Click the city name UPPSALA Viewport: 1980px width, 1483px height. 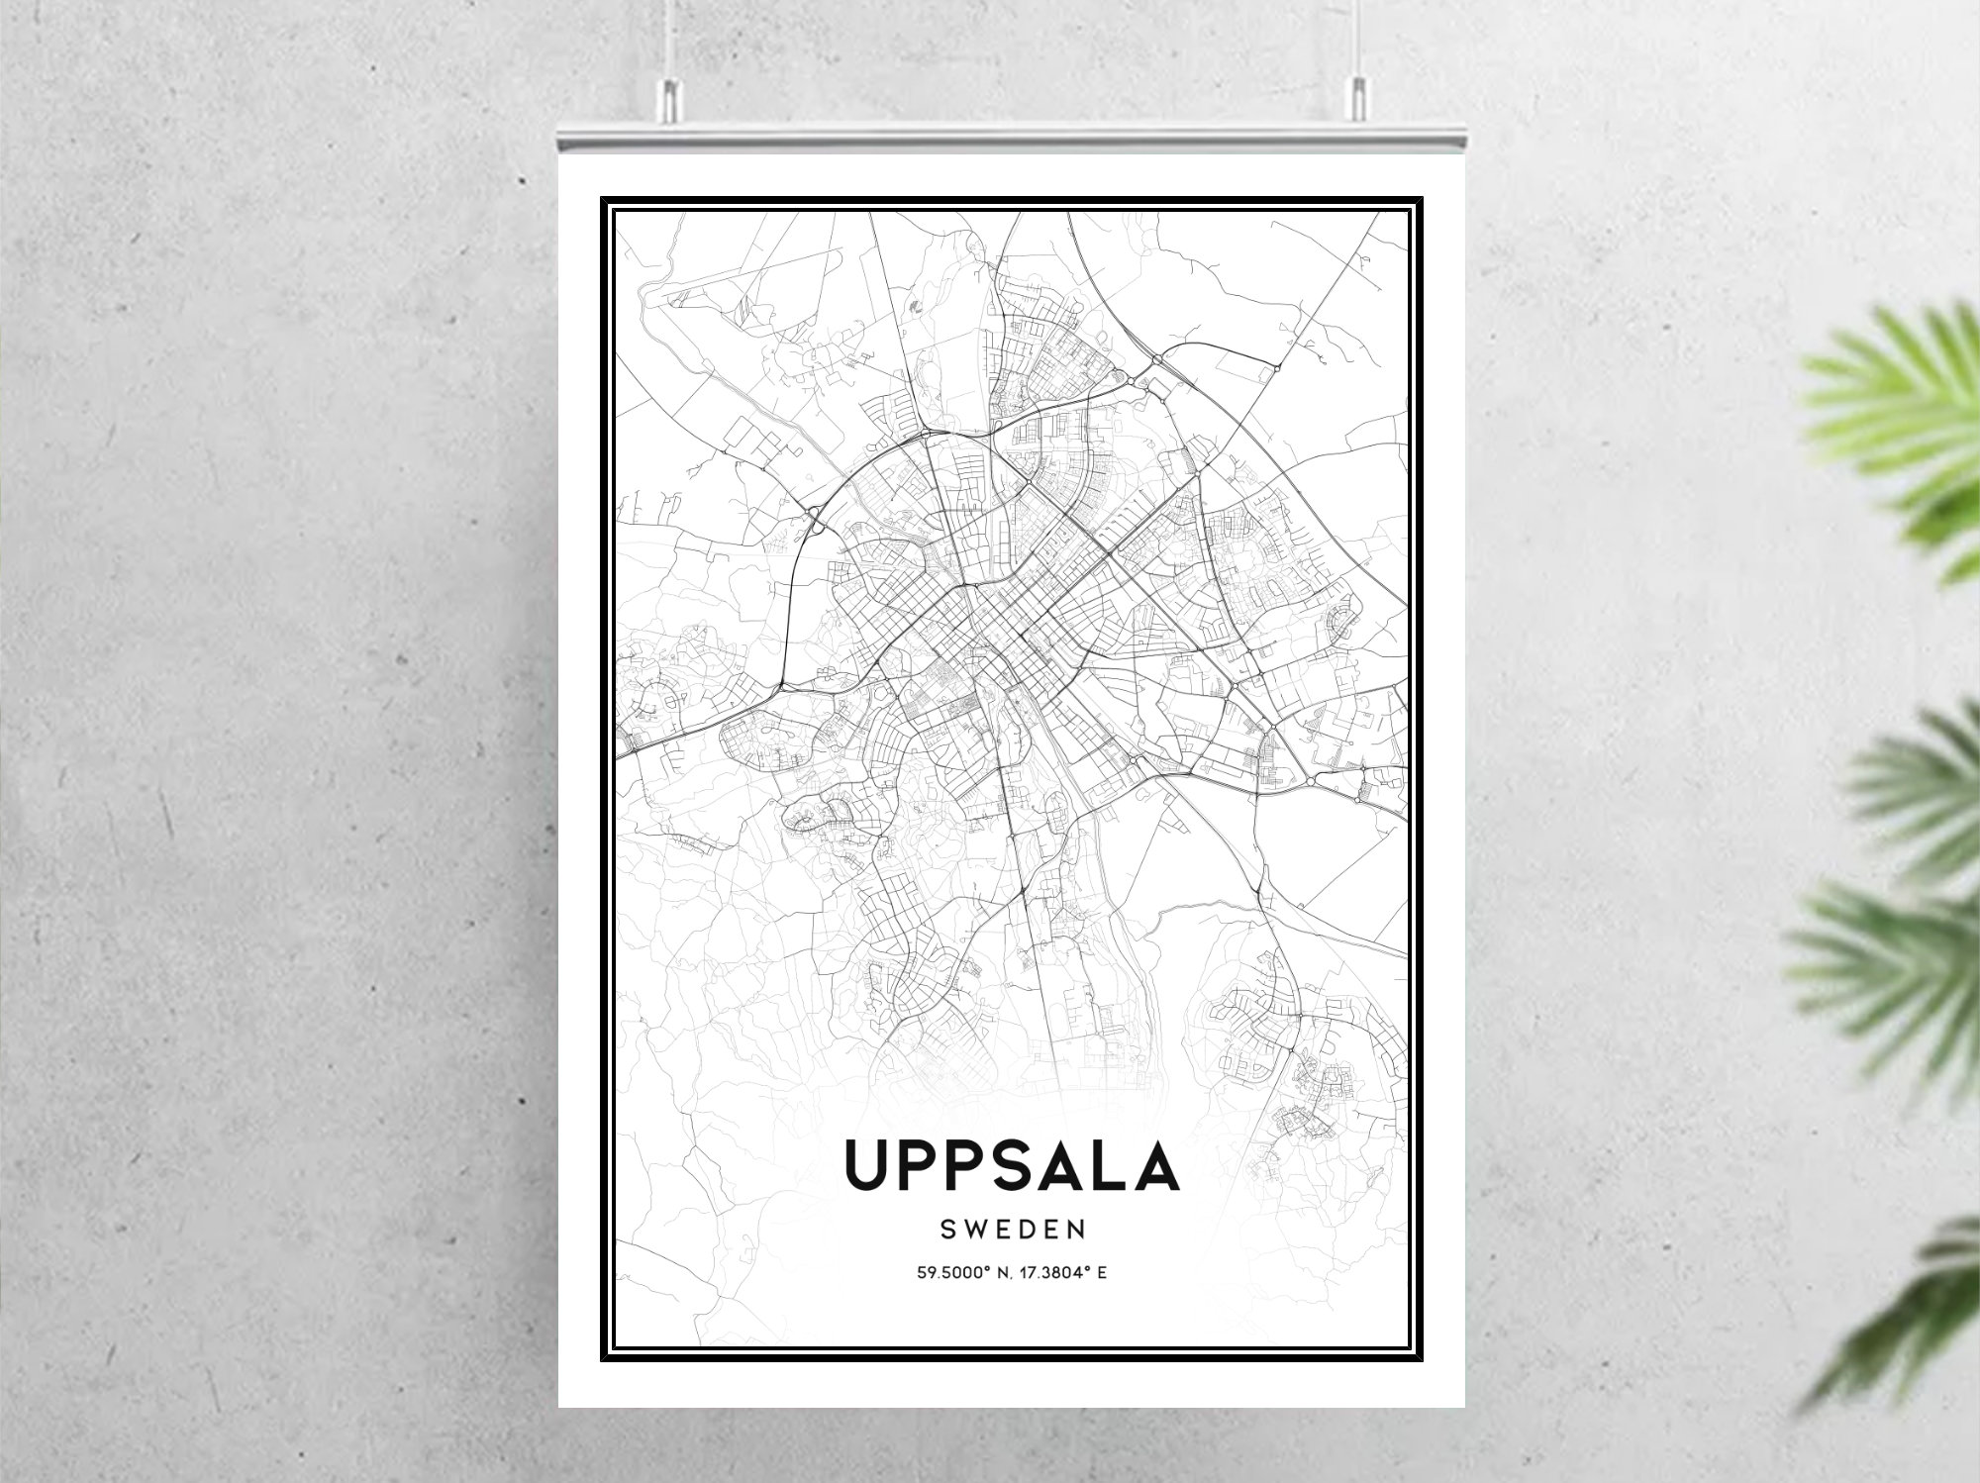(1012, 1166)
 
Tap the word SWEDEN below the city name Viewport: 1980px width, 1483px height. (1013, 1230)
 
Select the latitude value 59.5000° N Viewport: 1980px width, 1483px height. (958, 1272)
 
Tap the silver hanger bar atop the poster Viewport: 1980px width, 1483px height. (1012, 139)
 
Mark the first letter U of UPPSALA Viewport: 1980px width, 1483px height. (868, 1166)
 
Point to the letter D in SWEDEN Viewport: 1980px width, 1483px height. (1026, 1230)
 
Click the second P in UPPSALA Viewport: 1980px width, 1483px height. (962, 1166)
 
